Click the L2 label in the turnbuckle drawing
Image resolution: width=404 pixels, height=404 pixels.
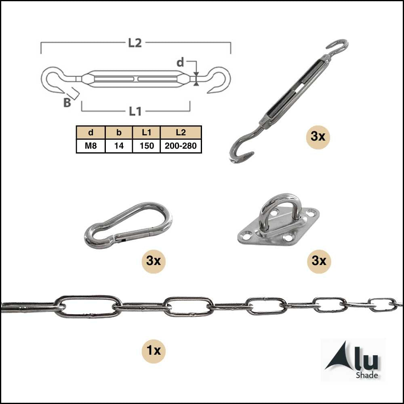coord(135,43)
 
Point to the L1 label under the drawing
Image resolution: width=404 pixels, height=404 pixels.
coord(135,112)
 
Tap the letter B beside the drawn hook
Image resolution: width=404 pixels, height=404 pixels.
coord(67,103)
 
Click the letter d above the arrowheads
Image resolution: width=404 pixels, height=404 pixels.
coord(180,62)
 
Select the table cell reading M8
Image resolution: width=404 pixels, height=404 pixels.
coord(90,146)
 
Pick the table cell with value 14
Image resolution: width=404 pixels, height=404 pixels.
coord(119,146)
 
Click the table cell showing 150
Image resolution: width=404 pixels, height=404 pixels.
coord(147,146)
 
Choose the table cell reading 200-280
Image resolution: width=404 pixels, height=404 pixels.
coord(181,146)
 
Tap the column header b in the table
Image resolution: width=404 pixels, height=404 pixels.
coord(119,133)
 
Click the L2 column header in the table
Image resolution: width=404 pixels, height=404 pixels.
coord(181,133)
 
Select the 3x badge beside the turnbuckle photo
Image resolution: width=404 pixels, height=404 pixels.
coord(318,137)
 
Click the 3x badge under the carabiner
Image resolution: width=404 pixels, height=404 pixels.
coord(154,261)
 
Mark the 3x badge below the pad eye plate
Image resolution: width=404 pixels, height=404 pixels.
coord(319,261)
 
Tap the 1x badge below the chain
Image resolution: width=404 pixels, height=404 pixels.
coord(154,351)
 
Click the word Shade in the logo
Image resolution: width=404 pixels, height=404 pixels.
coord(367,375)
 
